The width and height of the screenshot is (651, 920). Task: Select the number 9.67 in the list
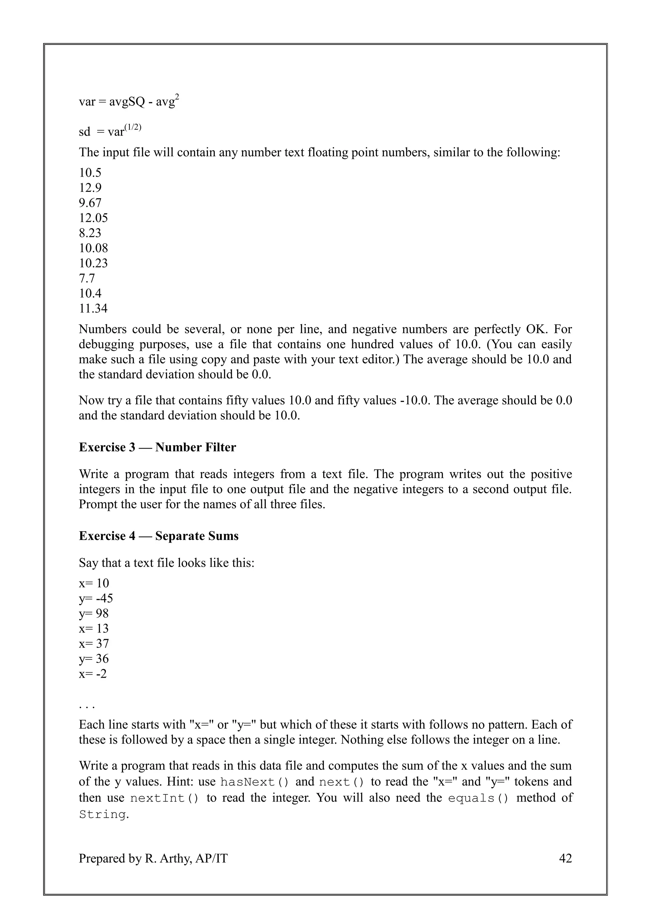[90, 203]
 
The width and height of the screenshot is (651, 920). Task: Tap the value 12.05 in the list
[93, 218]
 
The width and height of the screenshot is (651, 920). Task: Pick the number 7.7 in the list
[87, 278]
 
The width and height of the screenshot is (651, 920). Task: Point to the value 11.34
[93, 308]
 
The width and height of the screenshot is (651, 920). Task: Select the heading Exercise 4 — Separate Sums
[158, 536]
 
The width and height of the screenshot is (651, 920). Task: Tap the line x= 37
[94, 644]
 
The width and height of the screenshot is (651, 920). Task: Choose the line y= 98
[94, 614]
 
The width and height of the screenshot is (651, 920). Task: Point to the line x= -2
[93, 674]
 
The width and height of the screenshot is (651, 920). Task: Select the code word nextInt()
[164, 798]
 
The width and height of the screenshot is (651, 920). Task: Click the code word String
[103, 815]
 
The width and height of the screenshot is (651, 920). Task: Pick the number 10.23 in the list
[93, 263]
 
